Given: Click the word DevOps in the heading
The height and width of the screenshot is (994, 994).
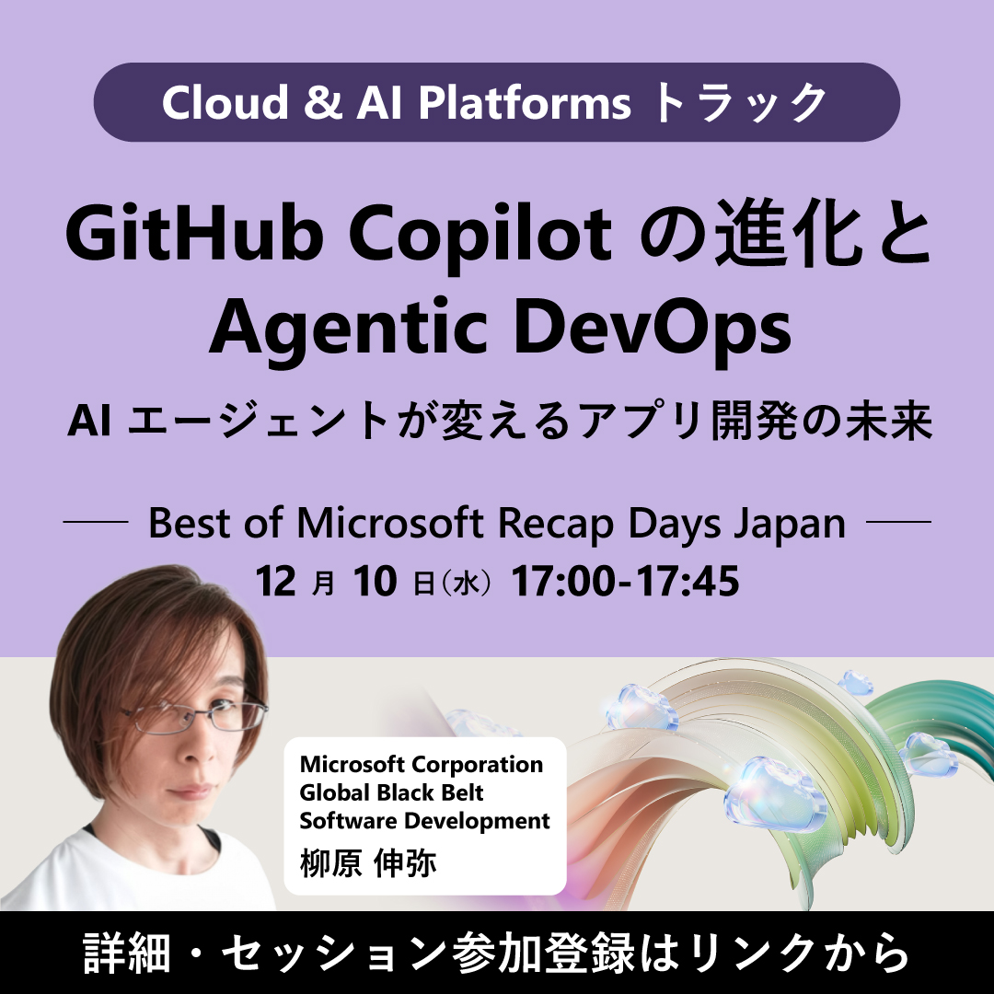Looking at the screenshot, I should (665, 330).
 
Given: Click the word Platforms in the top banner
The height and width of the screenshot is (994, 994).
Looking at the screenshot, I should (525, 103).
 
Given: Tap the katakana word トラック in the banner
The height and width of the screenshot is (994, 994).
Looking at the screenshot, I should (741, 103).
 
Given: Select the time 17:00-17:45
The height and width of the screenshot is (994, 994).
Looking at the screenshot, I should (626, 582).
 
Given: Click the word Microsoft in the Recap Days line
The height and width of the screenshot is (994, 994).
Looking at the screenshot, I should (392, 525).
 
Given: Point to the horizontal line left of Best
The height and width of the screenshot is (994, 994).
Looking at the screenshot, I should (95, 523).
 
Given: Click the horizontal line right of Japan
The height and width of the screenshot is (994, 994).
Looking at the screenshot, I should (899, 523).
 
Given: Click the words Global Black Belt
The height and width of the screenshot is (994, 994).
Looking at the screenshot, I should (392, 792).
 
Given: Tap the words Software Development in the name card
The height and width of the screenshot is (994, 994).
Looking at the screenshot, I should (424, 819).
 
